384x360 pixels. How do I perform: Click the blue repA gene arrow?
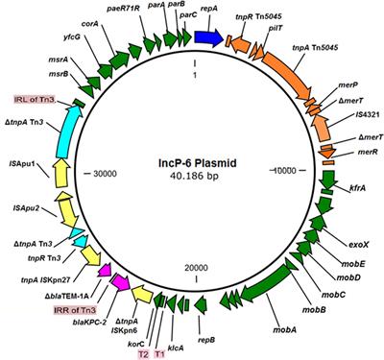click(x=207, y=36)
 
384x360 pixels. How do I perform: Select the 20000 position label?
click(x=194, y=267)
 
